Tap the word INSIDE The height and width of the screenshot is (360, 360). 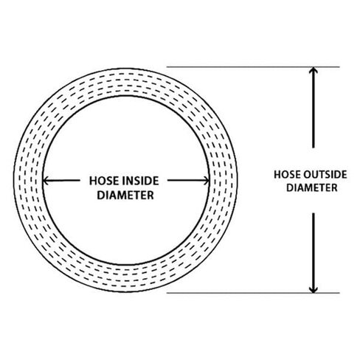pyautogui.click(x=141, y=181)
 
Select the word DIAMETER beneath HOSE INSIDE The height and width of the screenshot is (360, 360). pyautogui.click(x=125, y=195)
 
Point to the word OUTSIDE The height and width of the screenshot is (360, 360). pyautogui.click(x=325, y=175)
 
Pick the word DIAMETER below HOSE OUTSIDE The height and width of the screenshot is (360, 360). pyautogui.click(x=312, y=188)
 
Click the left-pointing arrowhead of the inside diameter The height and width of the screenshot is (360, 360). pyautogui.click(x=46, y=181)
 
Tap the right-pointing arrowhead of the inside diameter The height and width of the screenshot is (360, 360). pyautogui.click(x=206, y=181)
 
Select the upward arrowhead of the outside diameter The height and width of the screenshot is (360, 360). pyautogui.click(x=313, y=70)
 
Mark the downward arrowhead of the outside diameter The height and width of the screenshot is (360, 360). pyautogui.click(x=313, y=290)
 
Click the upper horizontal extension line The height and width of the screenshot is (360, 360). pyautogui.click(x=253, y=66)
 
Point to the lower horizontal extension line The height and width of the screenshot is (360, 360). pyautogui.click(x=253, y=293)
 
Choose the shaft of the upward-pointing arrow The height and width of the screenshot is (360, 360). pyautogui.click(x=313, y=108)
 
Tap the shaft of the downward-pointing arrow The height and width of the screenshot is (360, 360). pyautogui.click(x=313, y=252)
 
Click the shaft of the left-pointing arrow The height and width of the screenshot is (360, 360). pyautogui.click(x=62, y=181)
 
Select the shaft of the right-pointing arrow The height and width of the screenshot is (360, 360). pyautogui.click(x=188, y=181)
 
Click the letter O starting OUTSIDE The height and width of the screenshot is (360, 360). pyautogui.click(x=308, y=175)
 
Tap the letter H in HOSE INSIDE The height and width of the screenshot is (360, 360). pyautogui.click(x=93, y=181)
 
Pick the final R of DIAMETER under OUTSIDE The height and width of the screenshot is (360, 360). pyautogui.click(x=334, y=188)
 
